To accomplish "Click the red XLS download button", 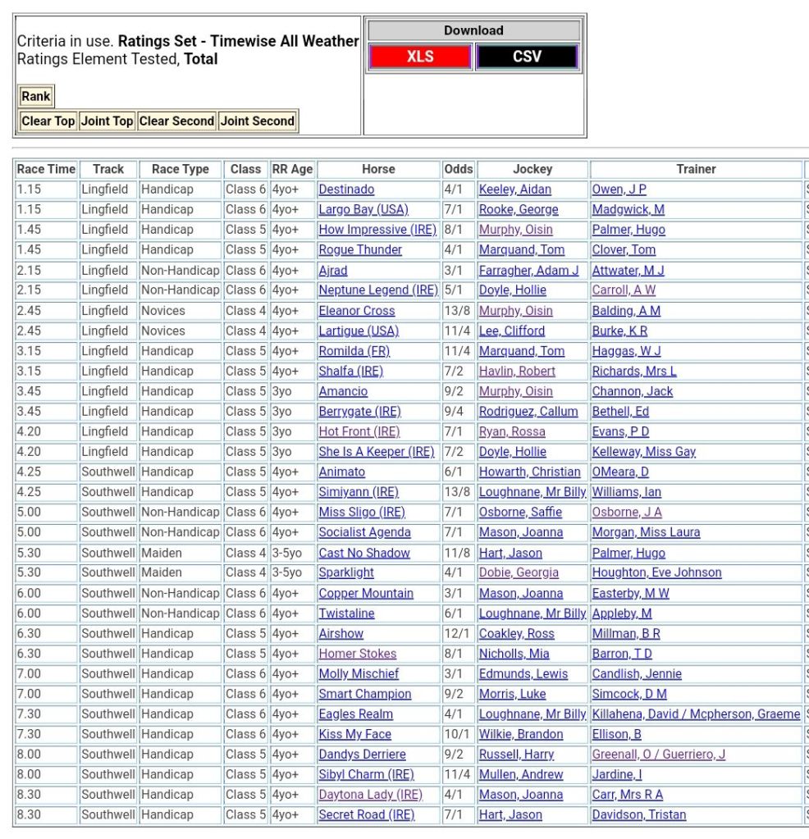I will click(x=420, y=57).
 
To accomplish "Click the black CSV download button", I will click(x=527, y=57).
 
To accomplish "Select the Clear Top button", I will click(x=48, y=121).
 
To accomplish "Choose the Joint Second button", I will click(x=257, y=121).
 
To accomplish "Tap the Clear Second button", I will click(x=176, y=121).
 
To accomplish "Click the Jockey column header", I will click(x=532, y=169).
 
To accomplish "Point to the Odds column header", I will click(x=459, y=169).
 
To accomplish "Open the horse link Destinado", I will click(x=346, y=189).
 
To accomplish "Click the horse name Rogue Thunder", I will click(x=360, y=250).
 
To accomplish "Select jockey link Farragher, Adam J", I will click(x=528, y=270).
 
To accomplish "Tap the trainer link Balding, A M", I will click(x=626, y=311).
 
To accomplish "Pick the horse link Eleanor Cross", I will click(x=357, y=311).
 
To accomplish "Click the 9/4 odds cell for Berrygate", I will click(x=454, y=412).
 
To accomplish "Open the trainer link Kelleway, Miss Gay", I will click(x=644, y=452).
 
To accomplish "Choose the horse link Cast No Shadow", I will click(x=364, y=553).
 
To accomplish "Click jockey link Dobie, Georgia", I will click(x=519, y=572).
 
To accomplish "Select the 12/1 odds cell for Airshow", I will click(x=456, y=633).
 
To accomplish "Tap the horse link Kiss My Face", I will click(x=355, y=734).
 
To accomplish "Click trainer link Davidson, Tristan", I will click(x=639, y=814).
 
